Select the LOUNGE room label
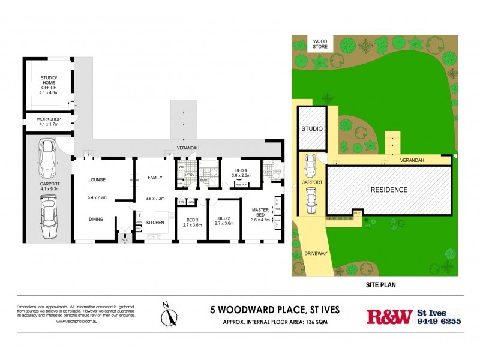coord(97,179)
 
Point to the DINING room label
coord(97,218)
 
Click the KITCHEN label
coord(155,223)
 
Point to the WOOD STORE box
coord(317,44)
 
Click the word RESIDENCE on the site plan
coord(388,190)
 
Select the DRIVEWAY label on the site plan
coord(316,254)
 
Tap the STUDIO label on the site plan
coord(311,128)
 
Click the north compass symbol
coord(170,313)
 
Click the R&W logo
coord(389,316)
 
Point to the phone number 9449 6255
coord(440,321)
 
